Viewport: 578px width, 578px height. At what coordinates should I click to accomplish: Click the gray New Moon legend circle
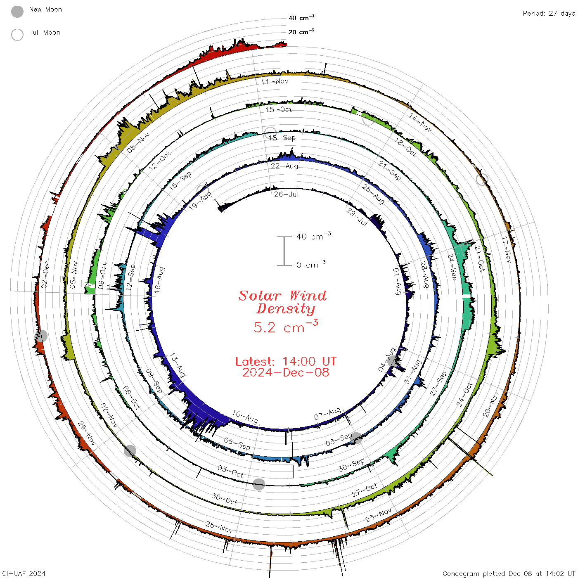tap(17, 12)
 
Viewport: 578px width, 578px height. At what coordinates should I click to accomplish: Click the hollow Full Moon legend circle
tap(17, 35)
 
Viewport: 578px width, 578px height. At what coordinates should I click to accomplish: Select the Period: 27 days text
tap(549, 14)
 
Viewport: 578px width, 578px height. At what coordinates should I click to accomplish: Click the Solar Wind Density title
tap(282, 302)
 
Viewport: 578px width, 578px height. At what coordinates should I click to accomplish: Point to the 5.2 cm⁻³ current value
tap(286, 327)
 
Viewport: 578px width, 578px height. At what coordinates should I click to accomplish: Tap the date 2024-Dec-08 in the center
tap(286, 372)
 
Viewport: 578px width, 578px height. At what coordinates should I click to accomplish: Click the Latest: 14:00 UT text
tap(286, 361)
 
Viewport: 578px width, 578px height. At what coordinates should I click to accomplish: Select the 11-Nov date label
tap(275, 81)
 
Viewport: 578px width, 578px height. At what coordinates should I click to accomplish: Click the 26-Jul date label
tap(286, 194)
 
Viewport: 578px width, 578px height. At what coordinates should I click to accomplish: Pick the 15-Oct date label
tap(279, 109)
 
